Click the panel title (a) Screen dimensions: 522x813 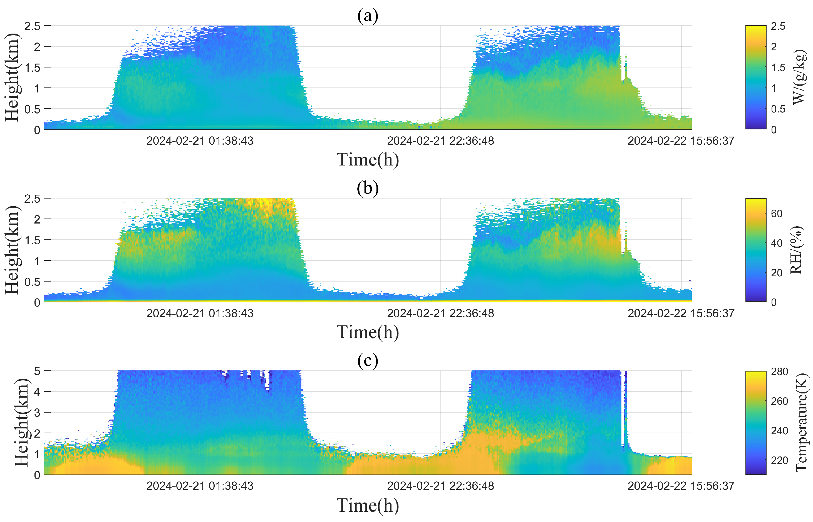(x=368, y=16)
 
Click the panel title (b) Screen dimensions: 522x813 (x=368, y=188)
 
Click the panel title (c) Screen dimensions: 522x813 (x=368, y=360)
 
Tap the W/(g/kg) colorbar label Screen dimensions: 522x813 (x=799, y=77)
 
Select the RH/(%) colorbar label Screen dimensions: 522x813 (x=796, y=250)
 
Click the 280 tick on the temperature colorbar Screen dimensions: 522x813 (x=779, y=372)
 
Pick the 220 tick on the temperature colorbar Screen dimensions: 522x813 (x=779, y=460)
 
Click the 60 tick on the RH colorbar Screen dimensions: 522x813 (x=776, y=214)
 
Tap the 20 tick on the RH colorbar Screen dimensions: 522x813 (x=776, y=273)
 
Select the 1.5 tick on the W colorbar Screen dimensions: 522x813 (x=778, y=67)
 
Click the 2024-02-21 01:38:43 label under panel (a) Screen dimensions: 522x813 (x=200, y=141)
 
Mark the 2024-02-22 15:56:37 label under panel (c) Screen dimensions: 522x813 (x=681, y=486)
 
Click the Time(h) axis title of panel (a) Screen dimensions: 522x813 (x=368, y=159)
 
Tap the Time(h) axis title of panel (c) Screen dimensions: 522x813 (x=368, y=505)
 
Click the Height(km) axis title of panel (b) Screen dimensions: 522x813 (x=12, y=250)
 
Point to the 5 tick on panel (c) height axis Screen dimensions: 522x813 (x=37, y=372)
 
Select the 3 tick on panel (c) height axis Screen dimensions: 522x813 (x=37, y=413)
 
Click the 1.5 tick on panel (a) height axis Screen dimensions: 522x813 (x=32, y=67)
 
